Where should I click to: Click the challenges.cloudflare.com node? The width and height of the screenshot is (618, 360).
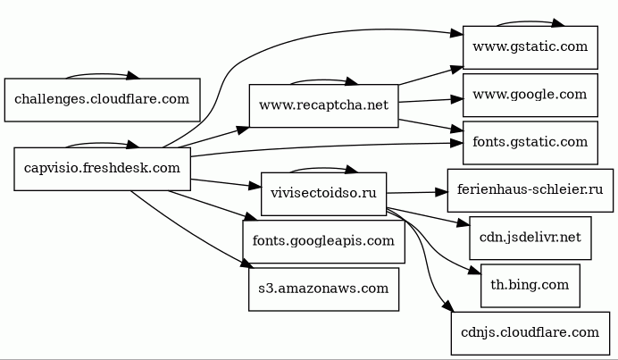102,99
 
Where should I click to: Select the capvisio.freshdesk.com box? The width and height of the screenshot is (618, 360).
102,168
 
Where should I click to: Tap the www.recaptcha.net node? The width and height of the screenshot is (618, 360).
323,105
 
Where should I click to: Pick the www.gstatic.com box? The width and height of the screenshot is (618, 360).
530,47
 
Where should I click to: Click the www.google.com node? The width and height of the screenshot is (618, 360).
530,95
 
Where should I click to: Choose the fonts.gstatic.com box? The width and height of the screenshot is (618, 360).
530,142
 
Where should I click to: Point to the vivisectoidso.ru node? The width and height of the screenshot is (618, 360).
323,194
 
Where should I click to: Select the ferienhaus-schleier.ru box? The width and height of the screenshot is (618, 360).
530,190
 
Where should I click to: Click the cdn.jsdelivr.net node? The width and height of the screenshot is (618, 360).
530,238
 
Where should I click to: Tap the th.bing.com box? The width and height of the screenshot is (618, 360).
530,285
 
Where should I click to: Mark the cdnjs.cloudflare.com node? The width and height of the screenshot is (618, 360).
530,332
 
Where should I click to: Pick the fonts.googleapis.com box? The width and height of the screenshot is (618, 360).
323,241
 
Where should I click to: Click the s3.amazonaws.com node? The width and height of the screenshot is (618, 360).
323,289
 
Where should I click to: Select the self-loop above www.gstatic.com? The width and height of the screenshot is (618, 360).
529,22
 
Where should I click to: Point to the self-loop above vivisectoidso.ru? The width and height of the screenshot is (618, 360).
322,168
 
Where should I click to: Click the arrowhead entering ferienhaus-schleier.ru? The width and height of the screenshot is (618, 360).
441,191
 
